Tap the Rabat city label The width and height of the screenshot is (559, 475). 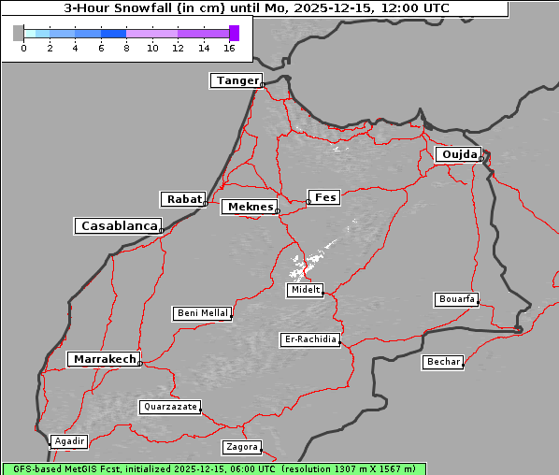[x=183, y=199]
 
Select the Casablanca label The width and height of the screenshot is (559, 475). [x=118, y=226]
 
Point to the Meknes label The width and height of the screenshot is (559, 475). [x=249, y=207]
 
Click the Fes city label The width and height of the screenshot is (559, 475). [x=325, y=197]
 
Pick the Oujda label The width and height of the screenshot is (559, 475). [x=458, y=154]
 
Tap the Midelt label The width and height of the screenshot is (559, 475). [x=304, y=290]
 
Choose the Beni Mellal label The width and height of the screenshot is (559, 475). [x=202, y=313]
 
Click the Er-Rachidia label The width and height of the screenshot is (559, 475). [x=309, y=339]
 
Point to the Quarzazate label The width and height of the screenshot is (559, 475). [x=169, y=407]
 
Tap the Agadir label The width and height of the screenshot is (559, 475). [x=69, y=441]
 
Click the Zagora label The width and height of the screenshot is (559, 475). [x=240, y=447]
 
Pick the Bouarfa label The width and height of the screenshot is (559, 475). [x=456, y=299]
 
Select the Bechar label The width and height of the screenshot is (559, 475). [x=442, y=362]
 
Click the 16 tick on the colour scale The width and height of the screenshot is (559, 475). [x=230, y=48]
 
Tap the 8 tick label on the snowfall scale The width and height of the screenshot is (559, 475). [x=126, y=48]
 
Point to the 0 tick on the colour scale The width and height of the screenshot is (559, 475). [x=23, y=48]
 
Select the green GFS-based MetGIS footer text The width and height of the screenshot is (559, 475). [x=214, y=468]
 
